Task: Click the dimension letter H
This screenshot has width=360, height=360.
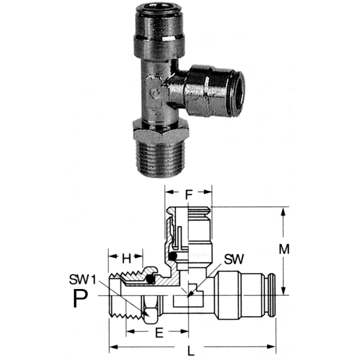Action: click(x=124, y=256)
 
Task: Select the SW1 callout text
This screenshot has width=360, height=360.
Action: click(x=82, y=280)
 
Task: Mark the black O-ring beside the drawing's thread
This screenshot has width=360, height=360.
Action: click(x=150, y=279)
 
